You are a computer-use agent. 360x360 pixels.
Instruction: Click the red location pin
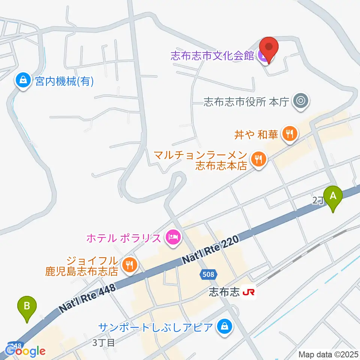(x=269, y=48)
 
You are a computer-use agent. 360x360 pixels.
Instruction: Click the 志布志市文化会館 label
(x=212, y=56)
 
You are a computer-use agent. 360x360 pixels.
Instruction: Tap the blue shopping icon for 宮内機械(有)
(x=23, y=81)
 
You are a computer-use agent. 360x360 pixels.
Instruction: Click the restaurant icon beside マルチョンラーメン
(x=258, y=159)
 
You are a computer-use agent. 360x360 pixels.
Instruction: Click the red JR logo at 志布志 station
(x=249, y=292)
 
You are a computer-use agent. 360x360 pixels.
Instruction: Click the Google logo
(x=25, y=351)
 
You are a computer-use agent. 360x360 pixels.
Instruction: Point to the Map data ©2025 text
(x=328, y=354)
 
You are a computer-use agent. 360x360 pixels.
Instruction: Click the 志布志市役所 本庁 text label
(x=246, y=102)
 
